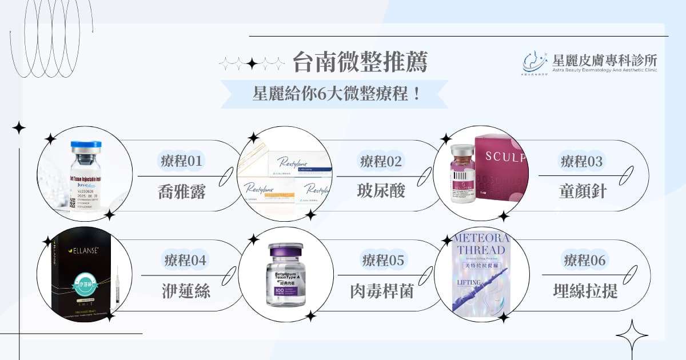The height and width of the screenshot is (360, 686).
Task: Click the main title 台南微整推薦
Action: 360,62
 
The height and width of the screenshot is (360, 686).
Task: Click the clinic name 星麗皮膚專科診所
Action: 605,59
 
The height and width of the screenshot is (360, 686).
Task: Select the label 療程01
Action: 181,161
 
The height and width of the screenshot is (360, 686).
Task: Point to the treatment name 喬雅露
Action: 181,191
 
